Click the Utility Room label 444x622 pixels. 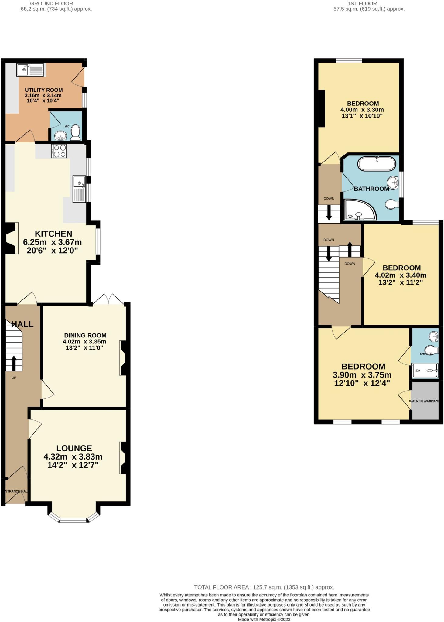pyautogui.click(x=44, y=90)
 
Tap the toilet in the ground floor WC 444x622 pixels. pyautogui.click(x=75, y=133)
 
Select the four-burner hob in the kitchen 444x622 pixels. pyautogui.click(x=59, y=151)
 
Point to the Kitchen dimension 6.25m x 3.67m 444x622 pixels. pyautogui.click(x=52, y=242)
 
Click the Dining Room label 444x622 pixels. pyautogui.click(x=85, y=335)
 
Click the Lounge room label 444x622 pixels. pyautogui.click(x=74, y=448)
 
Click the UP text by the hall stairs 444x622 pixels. pyautogui.click(x=14, y=378)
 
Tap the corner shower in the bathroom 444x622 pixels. pyautogui.click(x=359, y=210)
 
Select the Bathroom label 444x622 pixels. pyautogui.click(x=371, y=189)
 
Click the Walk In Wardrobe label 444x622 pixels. pyautogui.click(x=424, y=401)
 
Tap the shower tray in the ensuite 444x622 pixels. pyautogui.click(x=425, y=371)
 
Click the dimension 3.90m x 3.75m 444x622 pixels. pyautogui.click(x=362, y=375)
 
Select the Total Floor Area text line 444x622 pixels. pyautogui.click(x=264, y=587)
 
